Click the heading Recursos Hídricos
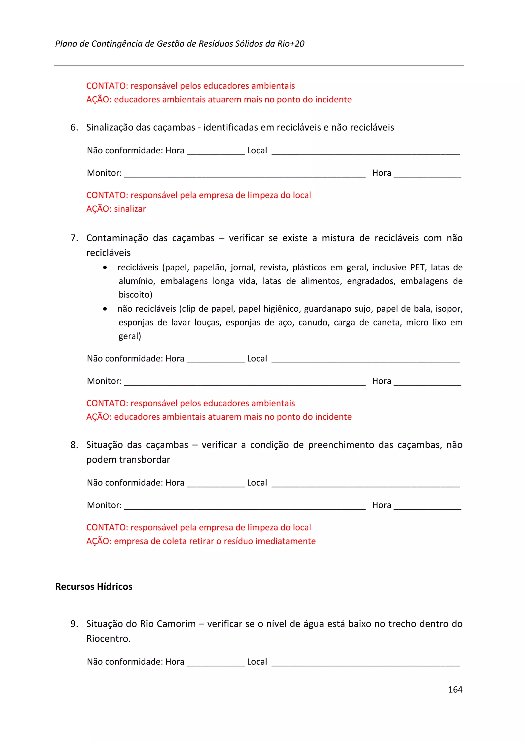coord(94,586)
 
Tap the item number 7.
coord(74,238)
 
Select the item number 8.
coord(74,445)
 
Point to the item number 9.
coord(74,624)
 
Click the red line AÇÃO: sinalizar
coord(116,209)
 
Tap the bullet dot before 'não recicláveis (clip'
coord(105,309)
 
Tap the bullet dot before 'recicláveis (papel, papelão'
coord(105,268)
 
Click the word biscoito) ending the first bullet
coord(135,295)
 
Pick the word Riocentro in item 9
coord(108,639)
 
